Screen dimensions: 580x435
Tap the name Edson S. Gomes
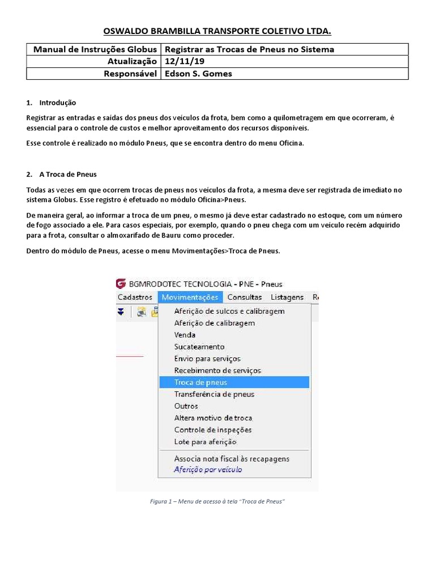[x=197, y=74]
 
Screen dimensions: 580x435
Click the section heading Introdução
[x=57, y=103]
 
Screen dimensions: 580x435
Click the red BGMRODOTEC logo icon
[x=121, y=284]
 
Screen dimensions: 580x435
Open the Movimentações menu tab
[x=189, y=297]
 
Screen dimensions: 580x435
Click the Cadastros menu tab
[x=135, y=297]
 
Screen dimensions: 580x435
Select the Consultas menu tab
[x=244, y=297]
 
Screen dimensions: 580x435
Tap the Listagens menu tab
[x=287, y=297]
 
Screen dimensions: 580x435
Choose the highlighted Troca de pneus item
[x=201, y=382]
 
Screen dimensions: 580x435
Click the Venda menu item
[x=185, y=335]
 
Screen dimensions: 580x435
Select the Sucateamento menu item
[x=199, y=347]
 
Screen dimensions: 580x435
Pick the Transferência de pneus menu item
[x=214, y=394]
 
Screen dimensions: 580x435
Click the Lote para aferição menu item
[x=205, y=442]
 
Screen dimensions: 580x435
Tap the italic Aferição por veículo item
[x=208, y=470]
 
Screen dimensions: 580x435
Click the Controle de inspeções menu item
[x=213, y=430]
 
